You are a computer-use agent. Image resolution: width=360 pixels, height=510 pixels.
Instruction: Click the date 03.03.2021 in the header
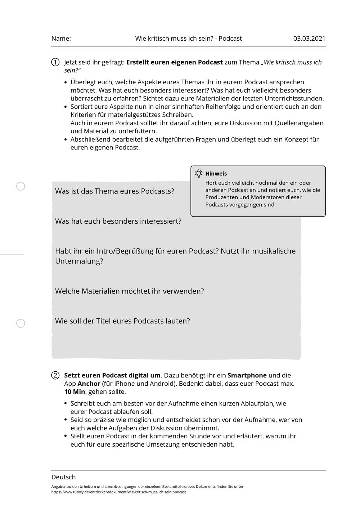(309, 39)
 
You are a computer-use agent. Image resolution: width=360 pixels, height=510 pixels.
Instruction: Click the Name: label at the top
(61, 39)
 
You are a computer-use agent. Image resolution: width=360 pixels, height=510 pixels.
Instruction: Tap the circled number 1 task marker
(55, 62)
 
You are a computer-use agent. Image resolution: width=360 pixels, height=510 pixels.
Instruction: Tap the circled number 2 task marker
(55, 375)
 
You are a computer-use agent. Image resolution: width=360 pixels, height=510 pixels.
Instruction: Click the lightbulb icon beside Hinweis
(198, 174)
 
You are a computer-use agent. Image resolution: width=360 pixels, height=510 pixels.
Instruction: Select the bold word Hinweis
(216, 174)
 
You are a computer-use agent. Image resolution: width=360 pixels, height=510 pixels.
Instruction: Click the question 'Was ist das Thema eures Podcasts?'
(114, 191)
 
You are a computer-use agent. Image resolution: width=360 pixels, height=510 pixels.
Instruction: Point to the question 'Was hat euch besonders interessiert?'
(118, 221)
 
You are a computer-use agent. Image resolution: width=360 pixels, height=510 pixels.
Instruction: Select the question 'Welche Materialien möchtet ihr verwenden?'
(129, 291)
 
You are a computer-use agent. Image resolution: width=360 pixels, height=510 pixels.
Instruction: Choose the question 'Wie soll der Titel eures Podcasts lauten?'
(122, 321)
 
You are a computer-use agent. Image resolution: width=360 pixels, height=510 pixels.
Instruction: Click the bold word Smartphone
(247, 375)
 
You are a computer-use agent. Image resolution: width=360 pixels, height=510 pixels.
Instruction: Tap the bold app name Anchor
(89, 384)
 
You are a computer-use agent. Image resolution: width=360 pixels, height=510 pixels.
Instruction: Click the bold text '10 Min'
(75, 392)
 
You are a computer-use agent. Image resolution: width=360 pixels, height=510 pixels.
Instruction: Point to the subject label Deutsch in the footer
(63, 477)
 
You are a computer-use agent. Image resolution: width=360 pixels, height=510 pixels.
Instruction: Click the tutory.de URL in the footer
(119, 492)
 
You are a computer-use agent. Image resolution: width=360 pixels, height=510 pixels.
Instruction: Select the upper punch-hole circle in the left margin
(21, 186)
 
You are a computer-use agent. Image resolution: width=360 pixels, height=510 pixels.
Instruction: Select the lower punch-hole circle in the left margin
(21, 323)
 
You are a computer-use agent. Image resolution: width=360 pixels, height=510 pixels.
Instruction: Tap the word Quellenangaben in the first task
(299, 123)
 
